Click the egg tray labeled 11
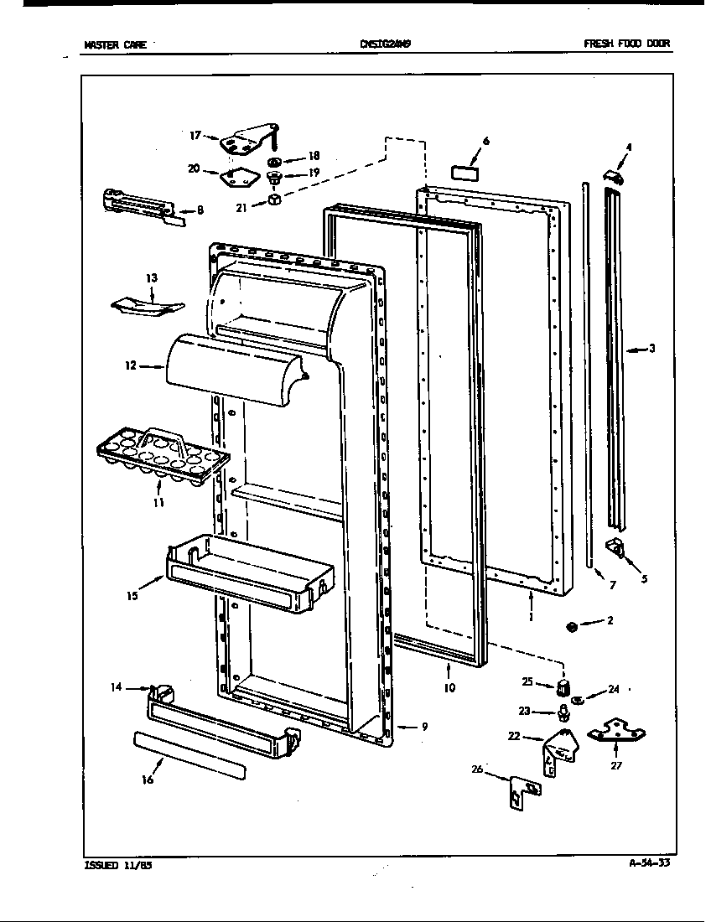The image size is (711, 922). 163,457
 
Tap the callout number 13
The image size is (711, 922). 152,277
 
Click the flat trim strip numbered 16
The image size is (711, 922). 189,754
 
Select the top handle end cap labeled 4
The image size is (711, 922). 615,177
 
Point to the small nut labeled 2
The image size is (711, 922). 571,627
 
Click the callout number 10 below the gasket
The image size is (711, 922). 449,688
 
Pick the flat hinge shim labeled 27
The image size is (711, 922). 616,733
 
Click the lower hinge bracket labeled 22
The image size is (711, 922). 560,749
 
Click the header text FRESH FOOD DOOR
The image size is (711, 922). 627,44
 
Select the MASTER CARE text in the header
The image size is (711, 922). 115,45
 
